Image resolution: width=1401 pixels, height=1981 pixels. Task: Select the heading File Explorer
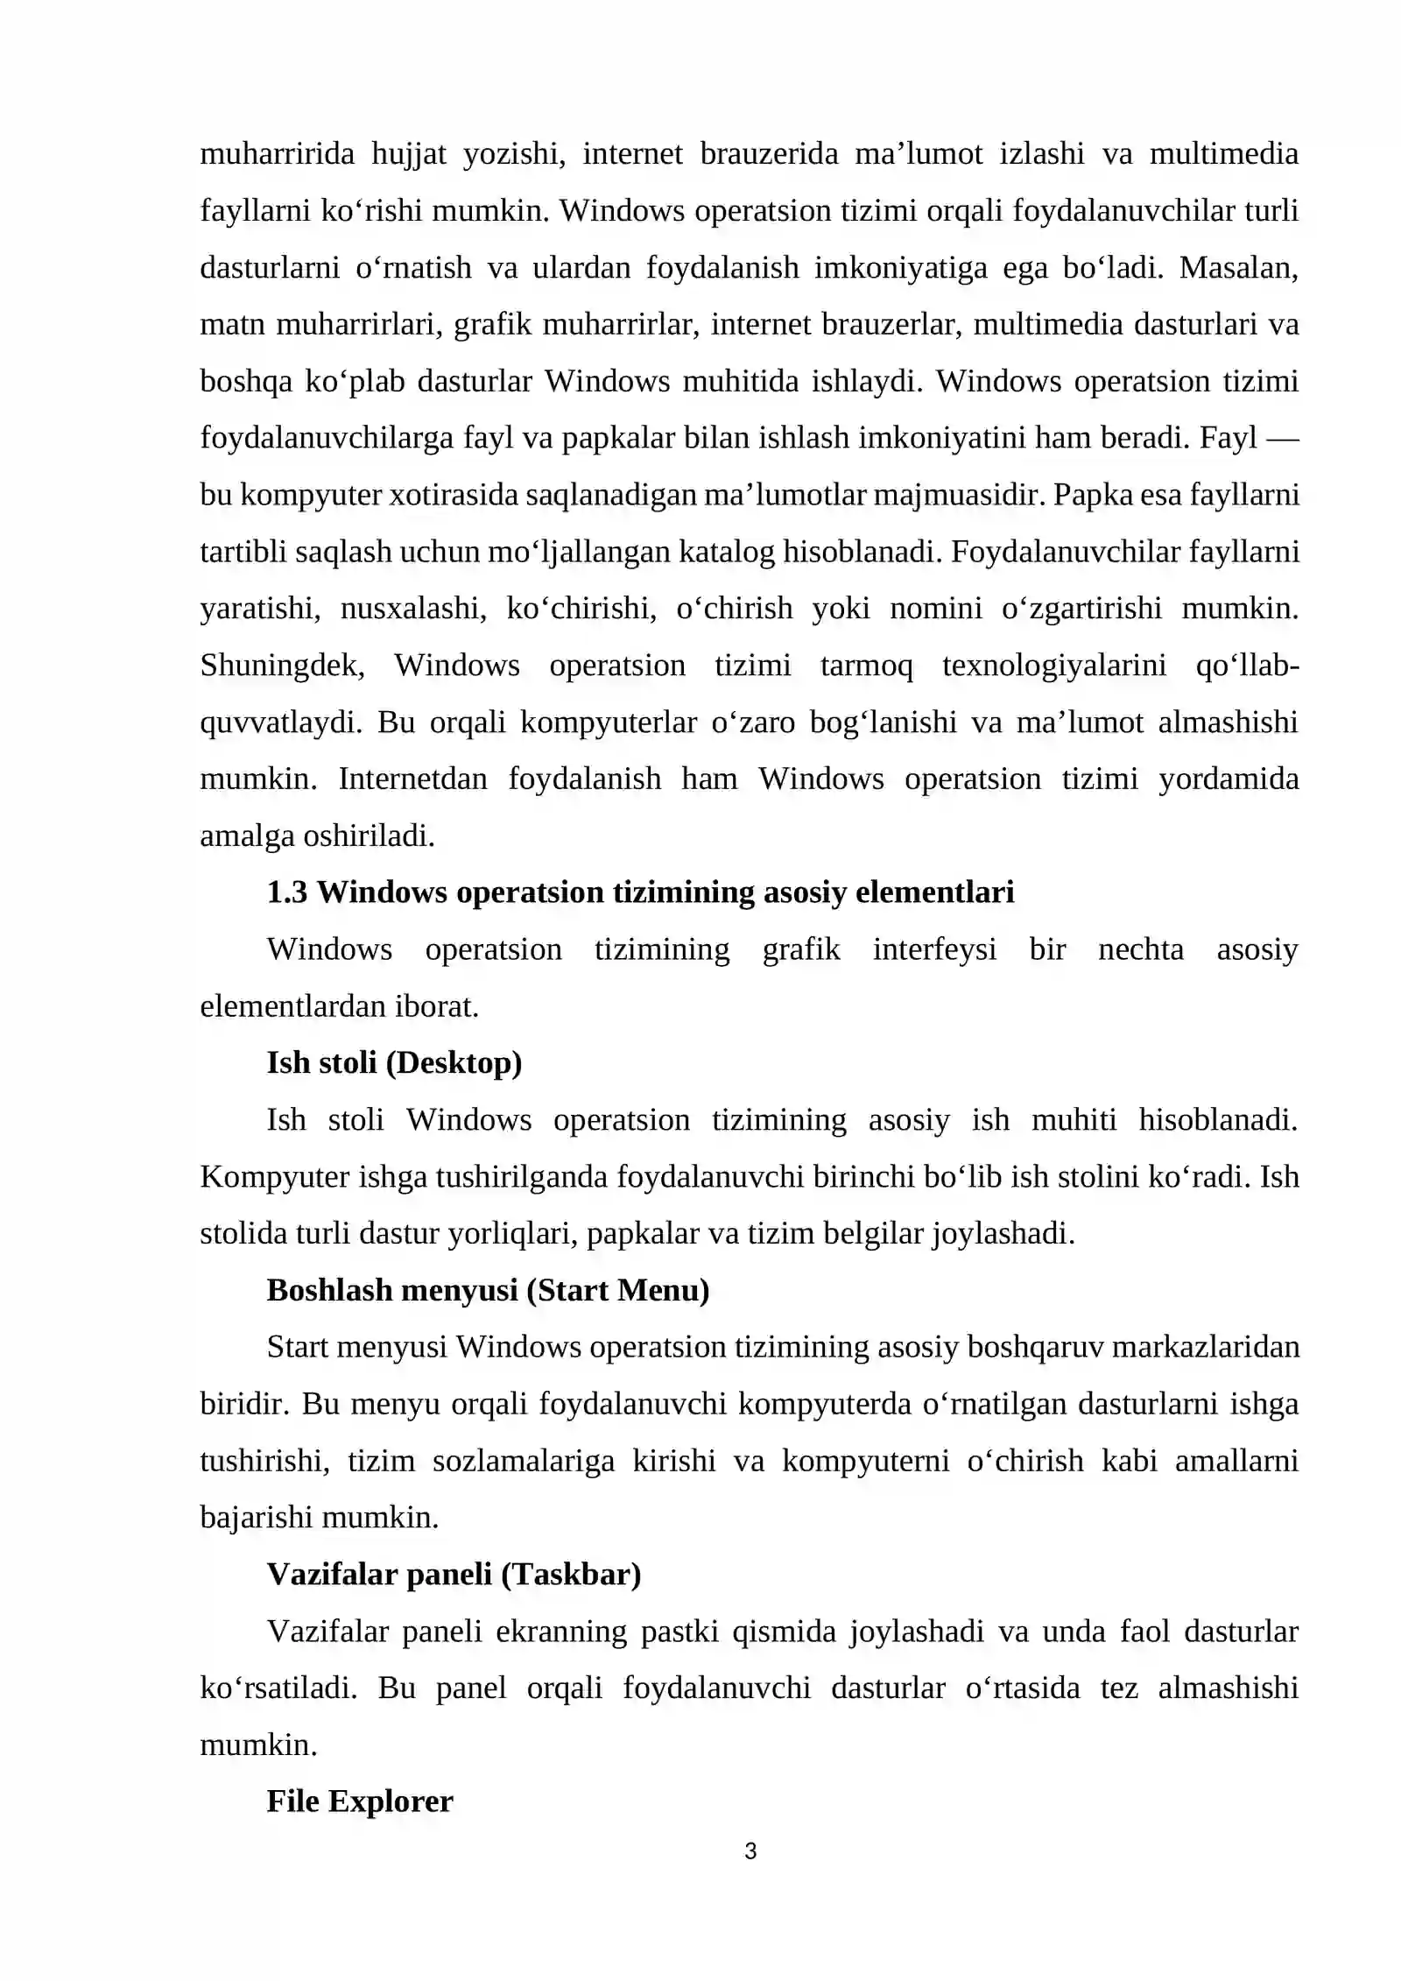coord(359,1801)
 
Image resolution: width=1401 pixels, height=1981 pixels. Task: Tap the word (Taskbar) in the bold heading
coord(571,1574)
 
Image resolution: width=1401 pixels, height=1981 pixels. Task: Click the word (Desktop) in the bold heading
coord(454,1062)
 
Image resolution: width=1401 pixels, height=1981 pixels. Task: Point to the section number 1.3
coord(287,892)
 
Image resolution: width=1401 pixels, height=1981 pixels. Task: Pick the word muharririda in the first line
coord(277,154)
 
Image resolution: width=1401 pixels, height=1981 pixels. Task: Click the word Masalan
coord(1238,268)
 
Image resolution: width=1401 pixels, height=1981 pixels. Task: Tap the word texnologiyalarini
coord(1054,666)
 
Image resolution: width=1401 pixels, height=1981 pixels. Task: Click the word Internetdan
coord(412,779)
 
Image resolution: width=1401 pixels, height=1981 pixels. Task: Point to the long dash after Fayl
coord(1283,438)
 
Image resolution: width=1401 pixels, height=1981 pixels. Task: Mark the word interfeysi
coord(934,949)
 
